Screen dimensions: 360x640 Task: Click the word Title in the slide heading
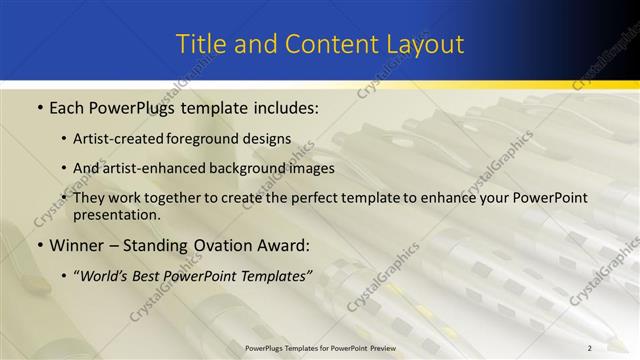(x=200, y=44)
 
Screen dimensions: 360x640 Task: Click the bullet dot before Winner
(x=39, y=245)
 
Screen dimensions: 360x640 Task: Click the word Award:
(x=287, y=245)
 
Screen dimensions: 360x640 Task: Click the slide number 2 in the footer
(x=590, y=348)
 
